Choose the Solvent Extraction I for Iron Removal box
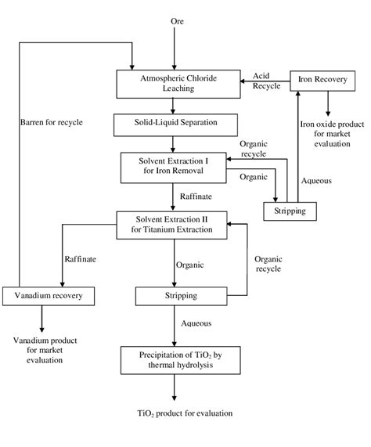(171, 166)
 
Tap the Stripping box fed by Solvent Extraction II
(175, 296)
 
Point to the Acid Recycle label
(261, 81)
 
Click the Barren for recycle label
(52, 123)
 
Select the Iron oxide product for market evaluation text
(327, 135)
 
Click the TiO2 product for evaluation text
(175, 413)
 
